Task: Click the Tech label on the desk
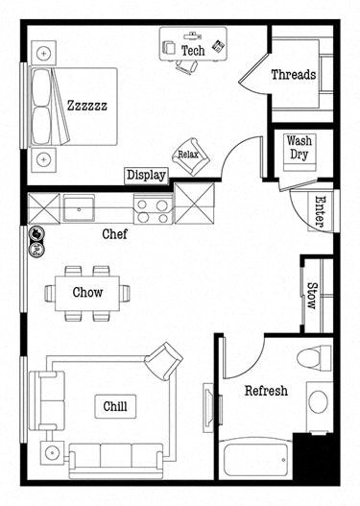click(x=191, y=50)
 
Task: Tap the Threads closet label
click(x=293, y=75)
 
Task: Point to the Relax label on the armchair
click(x=186, y=155)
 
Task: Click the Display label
click(x=146, y=176)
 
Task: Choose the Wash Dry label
click(x=300, y=147)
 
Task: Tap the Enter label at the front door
click(x=320, y=212)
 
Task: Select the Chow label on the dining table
click(x=87, y=292)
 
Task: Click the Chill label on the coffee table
click(x=114, y=406)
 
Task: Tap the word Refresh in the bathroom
click(x=266, y=391)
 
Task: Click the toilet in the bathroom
click(x=313, y=360)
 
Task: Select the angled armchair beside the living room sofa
click(x=162, y=363)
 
